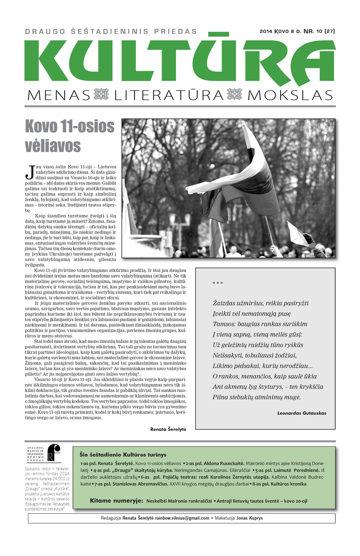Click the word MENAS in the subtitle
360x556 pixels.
point(59,95)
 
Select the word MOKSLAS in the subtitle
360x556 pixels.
point(290,95)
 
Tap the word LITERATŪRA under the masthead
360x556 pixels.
point(169,95)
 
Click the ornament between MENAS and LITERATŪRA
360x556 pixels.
point(101,95)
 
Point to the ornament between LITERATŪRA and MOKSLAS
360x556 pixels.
point(234,95)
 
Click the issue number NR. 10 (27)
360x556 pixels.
point(319,31)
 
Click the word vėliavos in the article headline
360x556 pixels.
point(53,145)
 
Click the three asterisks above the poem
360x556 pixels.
point(218,284)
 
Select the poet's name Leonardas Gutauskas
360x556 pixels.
point(302,413)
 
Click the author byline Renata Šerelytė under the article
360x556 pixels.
point(168,429)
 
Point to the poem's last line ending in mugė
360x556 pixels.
point(256,397)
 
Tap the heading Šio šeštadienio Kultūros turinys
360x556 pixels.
point(123,455)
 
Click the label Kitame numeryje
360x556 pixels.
point(116,501)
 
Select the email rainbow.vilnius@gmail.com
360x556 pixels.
point(182,518)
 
